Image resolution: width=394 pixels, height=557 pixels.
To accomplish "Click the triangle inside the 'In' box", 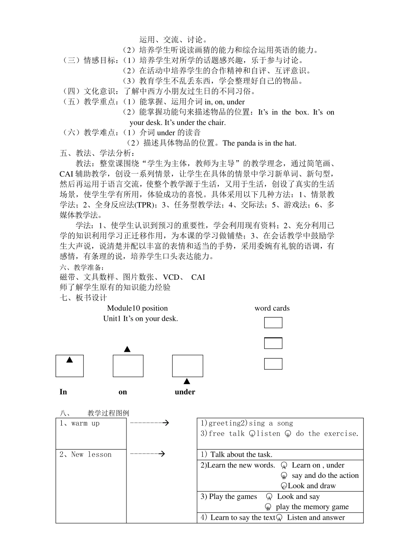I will (x=70, y=360).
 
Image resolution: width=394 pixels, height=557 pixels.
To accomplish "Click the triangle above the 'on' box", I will (x=127, y=349).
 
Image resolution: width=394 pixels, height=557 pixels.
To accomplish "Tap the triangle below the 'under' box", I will (x=187, y=381).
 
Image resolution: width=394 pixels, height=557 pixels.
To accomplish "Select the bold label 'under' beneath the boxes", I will (x=185, y=392).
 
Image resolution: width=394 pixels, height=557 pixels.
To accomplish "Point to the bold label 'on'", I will (x=123, y=392).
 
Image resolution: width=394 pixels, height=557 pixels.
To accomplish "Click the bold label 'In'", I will (x=63, y=392).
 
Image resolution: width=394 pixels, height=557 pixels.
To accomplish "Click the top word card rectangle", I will (x=273, y=322).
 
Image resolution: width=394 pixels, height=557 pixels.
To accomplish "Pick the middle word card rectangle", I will (x=273, y=343).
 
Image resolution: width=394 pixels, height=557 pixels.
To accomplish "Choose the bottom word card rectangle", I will (x=273, y=364).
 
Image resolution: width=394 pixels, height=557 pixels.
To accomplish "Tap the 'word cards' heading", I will (x=272, y=308).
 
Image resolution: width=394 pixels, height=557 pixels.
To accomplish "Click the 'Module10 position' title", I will (x=137, y=308).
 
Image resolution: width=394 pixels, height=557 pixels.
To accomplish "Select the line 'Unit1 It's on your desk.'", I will (x=141, y=319).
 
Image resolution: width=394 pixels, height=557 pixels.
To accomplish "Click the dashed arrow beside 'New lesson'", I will (x=148, y=454).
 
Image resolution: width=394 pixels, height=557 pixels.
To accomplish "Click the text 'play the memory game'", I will (x=312, y=507).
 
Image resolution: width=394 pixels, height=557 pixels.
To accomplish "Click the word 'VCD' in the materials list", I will (x=171, y=277).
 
